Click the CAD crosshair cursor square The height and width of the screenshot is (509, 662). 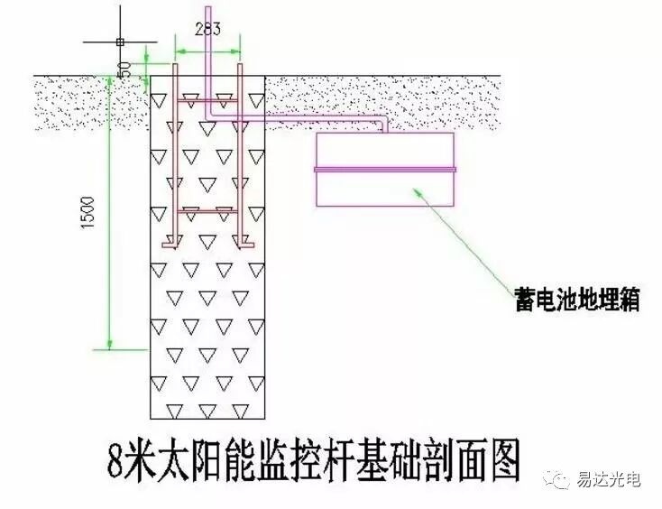click(x=119, y=42)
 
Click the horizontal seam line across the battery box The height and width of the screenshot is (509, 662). click(x=385, y=169)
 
